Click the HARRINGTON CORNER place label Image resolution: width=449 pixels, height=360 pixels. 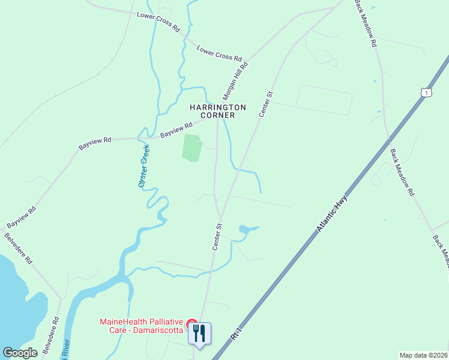pyautogui.click(x=217, y=111)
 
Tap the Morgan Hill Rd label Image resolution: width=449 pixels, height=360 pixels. pyautogui.click(x=235, y=80)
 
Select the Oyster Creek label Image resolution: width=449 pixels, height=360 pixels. pyautogui.click(x=143, y=166)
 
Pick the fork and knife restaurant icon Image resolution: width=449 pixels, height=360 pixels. pyautogui.click(x=200, y=333)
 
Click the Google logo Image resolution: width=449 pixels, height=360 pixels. pyautogui.click(x=20, y=353)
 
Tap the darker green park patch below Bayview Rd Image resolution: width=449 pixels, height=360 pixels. pyautogui.click(x=191, y=148)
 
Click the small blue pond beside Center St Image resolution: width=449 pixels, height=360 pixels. pyautogui.click(x=246, y=229)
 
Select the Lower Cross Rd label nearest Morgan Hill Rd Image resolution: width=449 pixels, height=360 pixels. pyautogui.click(x=219, y=55)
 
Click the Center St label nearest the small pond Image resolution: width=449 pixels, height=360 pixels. pyautogui.click(x=217, y=236)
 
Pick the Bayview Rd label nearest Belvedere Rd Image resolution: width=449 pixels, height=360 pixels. pyautogui.click(x=22, y=217)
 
